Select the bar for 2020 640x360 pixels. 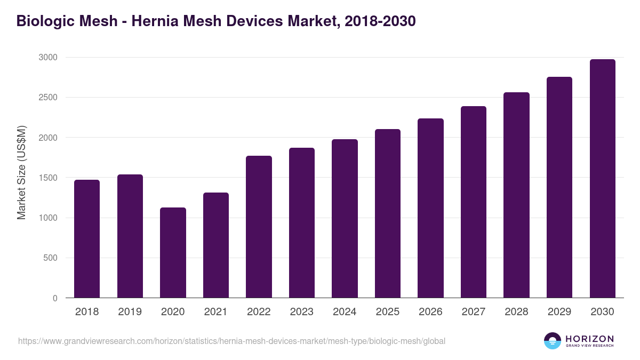(x=173, y=253)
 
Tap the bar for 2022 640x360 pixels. (x=259, y=227)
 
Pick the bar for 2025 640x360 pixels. (x=388, y=213)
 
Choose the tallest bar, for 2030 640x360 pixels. (x=602, y=179)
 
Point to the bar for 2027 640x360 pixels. (x=474, y=202)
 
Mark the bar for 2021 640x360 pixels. (x=216, y=245)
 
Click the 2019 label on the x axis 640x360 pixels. (x=130, y=312)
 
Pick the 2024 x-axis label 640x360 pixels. (x=345, y=312)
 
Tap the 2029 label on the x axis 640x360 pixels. (x=559, y=312)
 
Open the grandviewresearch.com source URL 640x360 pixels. (x=231, y=341)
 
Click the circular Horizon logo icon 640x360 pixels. (x=553, y=341)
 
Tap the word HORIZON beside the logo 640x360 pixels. (x=589, y=338)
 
